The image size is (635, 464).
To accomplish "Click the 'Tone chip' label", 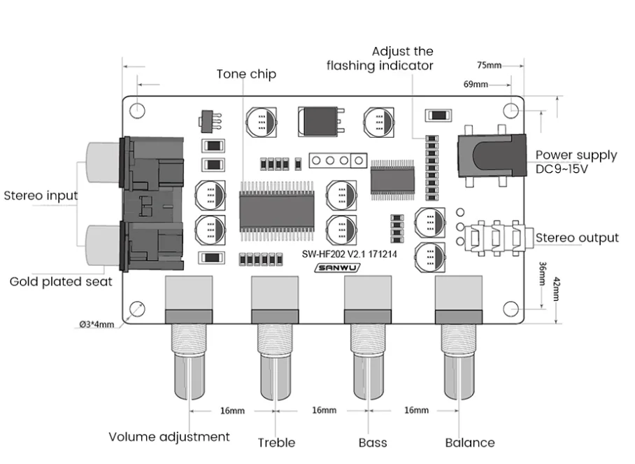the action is click(246, 74).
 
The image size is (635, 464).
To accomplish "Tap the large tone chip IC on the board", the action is click(277, 211).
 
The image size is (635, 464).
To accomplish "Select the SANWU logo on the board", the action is click(337, 268).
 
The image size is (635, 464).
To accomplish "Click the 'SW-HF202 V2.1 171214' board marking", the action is click(349, 254).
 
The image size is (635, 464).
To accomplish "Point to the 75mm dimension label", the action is click(490, 65).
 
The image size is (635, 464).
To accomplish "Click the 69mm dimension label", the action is click(476, 84).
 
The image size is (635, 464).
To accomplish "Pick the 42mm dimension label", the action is click(557, 289).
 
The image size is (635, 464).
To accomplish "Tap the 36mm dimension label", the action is click(543, 274).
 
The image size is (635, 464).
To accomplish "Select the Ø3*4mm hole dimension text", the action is click(97, 324).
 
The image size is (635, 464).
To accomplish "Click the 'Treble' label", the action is click(277, 442).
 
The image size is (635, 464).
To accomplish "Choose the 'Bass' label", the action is click(373, 442).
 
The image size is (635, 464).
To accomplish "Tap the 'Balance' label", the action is click(470, 442).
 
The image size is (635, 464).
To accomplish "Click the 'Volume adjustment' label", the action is click(169, 437).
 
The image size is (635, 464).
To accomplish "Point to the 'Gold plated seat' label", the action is click(61, 281).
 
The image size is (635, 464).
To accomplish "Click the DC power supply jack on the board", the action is click(492, 156).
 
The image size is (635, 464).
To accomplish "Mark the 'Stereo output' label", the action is click(577, 238).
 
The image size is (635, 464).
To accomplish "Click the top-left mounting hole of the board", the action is click(137, 110).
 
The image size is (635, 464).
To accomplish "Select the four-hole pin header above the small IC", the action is click(338, 161).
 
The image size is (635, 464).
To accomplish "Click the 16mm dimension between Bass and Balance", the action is click(416, 410).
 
